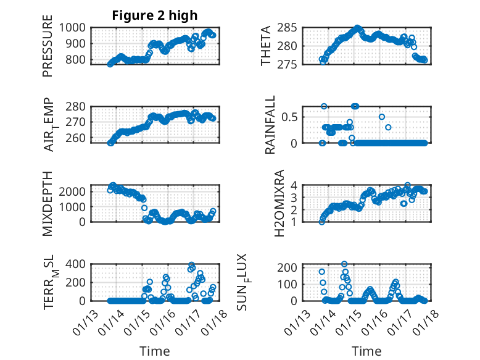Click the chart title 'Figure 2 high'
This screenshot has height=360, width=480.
coord(154,15)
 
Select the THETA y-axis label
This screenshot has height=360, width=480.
coord(266,46)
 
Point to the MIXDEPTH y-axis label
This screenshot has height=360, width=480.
coord(48,203)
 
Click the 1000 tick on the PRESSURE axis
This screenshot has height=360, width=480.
coord(75,27)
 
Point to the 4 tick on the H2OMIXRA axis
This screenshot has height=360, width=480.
coord(295,185)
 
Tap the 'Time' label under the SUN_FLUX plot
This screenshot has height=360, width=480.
coord(366,351)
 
